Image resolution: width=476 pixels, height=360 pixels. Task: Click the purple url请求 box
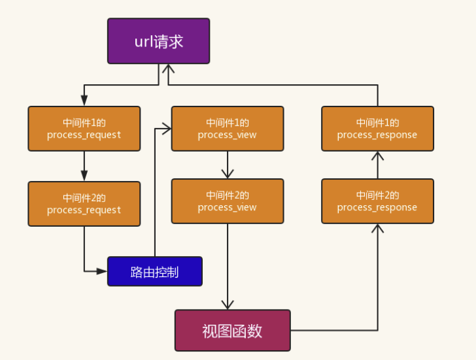[x=158, y=41]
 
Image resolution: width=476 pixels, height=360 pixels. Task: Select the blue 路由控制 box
[x=155, y=271]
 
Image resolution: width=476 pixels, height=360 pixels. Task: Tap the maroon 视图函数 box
[x=233, y=331]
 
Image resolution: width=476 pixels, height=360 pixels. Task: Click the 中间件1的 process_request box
[x=84, y=129]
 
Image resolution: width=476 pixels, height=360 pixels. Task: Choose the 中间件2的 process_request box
[x=84, y=204]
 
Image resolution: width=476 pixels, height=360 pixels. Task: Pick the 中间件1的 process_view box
[x=228, y=129]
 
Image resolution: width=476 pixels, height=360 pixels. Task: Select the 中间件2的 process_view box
[x=228, y=201]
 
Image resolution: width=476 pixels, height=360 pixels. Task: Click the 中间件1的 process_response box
[x=378, y=129]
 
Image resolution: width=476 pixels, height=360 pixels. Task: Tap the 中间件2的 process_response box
[x=378, y=201]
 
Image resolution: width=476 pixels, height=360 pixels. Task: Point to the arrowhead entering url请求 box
[x=168, y=69]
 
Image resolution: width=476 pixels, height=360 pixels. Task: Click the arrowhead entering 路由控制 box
[x=102, y=271]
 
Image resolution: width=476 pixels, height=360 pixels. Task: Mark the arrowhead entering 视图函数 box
[x=228, y=305]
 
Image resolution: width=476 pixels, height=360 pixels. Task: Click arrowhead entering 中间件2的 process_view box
[x=228, y=174]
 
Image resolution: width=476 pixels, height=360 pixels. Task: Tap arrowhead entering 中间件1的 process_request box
[x=84, y=101]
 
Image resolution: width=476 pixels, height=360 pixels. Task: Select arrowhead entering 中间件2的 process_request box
[x=84, y=176]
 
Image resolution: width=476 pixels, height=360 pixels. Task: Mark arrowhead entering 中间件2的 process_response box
[x=378, y=229]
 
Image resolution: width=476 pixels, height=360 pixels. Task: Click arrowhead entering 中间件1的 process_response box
[x=378, y=155]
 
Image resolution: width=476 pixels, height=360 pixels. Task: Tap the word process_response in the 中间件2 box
[x=377, y=208]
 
